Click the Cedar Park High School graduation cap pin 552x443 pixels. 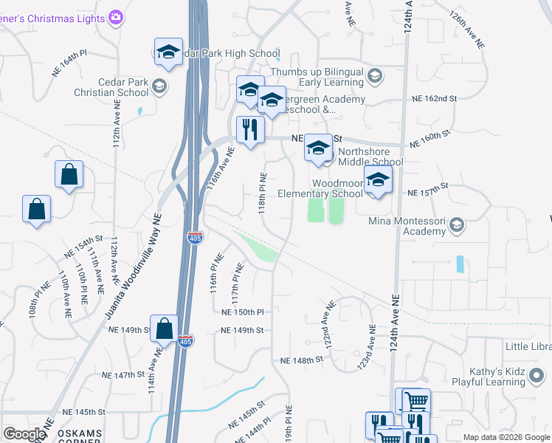pos(168,52)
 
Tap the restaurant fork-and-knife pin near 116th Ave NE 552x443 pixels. pos(250,130)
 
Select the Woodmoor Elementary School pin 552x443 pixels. pos(378,179)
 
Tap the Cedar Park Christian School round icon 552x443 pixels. pos(158,87)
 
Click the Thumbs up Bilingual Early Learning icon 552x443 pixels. pos(375,76)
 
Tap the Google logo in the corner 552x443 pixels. pos(24,434)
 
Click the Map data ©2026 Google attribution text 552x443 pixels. pos(506,437)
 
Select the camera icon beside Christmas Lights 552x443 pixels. pos(115,17)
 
